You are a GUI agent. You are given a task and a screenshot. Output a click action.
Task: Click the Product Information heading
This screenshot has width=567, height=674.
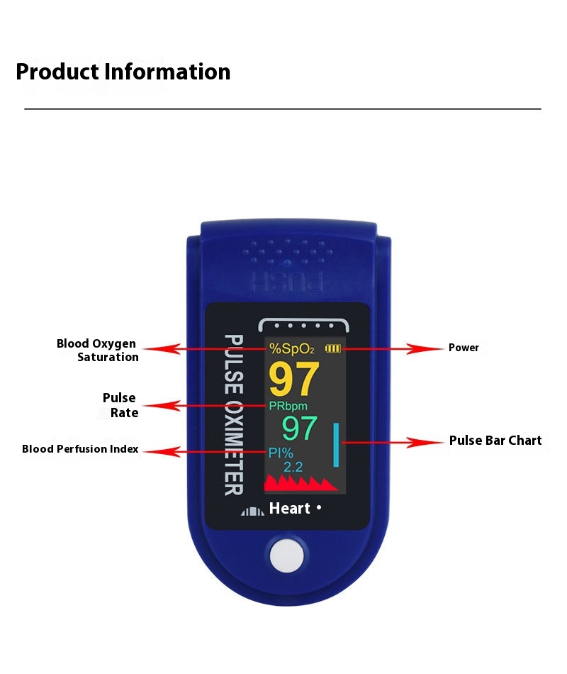pos(123,72)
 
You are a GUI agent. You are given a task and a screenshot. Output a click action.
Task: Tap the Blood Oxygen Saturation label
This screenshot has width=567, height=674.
pos(98,350)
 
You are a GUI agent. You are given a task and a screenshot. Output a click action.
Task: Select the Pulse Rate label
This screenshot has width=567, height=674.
pos(120,405)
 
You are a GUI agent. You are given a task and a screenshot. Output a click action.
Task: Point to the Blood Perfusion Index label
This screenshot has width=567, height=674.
pos(80,449)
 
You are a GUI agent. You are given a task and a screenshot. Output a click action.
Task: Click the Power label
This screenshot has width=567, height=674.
pos(464,348)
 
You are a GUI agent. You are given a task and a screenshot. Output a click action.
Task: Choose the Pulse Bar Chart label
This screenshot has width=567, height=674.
pos(495,441)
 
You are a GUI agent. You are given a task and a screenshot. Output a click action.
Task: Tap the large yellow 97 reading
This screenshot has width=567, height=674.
pos(294,379)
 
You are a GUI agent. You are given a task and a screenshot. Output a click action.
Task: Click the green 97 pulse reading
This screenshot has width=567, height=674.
pos(299,429)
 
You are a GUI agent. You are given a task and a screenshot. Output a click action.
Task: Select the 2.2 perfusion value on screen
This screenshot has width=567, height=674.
pos(293,467)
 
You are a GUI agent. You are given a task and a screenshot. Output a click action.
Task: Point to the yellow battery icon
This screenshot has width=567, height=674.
pos(332,348)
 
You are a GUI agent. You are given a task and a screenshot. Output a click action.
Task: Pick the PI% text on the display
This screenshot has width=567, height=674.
pos(281,453)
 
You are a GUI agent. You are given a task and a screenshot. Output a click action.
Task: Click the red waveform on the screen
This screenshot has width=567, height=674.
pos(301,484)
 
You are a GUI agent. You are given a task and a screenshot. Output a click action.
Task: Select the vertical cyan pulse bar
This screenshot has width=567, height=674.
pos(336,445)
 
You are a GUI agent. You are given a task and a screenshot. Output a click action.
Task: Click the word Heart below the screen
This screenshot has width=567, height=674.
pos(289,509)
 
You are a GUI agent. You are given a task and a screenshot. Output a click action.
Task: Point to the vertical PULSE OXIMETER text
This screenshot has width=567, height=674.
pos(234,415)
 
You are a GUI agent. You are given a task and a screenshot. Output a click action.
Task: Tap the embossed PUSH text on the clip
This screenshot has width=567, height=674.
pos(287,282)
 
